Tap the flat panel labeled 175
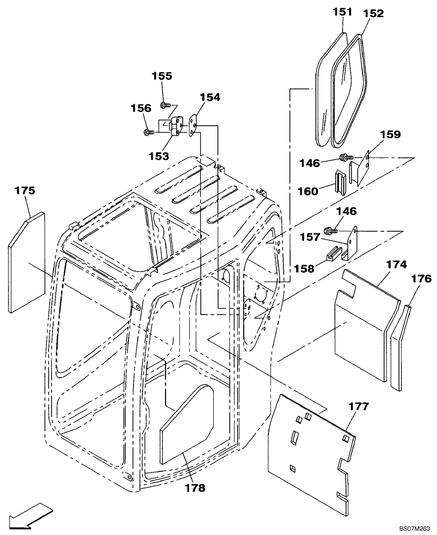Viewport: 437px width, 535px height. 26,262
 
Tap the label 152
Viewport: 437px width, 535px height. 373,14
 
